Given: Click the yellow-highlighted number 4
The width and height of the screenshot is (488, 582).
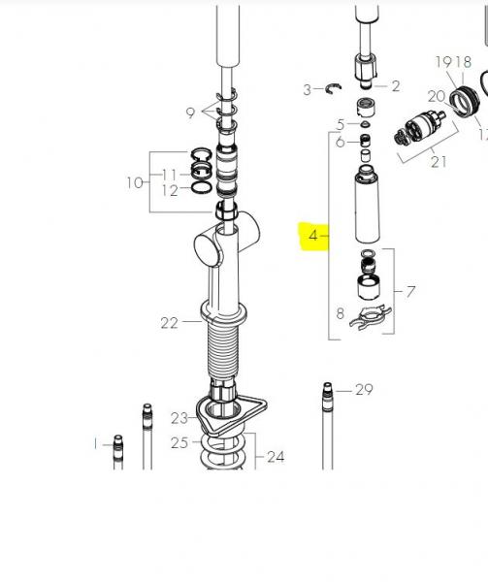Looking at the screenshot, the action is pos(313,236).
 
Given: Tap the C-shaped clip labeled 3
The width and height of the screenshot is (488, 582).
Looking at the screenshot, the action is pos(333,88).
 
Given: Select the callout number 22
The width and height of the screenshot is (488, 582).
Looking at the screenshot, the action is pos(170,323).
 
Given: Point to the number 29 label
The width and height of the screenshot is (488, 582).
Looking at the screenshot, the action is pos(364,390).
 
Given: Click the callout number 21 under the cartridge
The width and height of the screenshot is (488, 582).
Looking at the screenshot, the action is pos(439,162).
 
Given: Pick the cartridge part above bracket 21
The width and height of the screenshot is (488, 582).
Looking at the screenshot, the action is pos(419,128).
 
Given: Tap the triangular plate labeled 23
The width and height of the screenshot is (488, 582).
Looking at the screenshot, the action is pos(231,414).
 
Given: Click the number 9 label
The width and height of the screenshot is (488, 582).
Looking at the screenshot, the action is pos(190,113).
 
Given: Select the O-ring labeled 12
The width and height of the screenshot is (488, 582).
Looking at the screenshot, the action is pos(202,187).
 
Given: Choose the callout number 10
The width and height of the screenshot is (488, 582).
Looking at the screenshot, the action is pos(135,182).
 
